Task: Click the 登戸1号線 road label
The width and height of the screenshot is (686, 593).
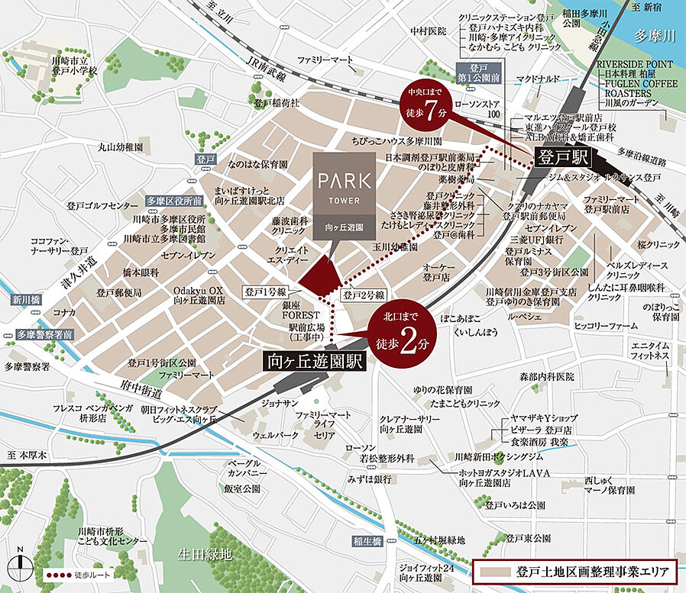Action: click(264, 292)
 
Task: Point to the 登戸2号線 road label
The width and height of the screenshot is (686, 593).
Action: click(363, 295)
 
